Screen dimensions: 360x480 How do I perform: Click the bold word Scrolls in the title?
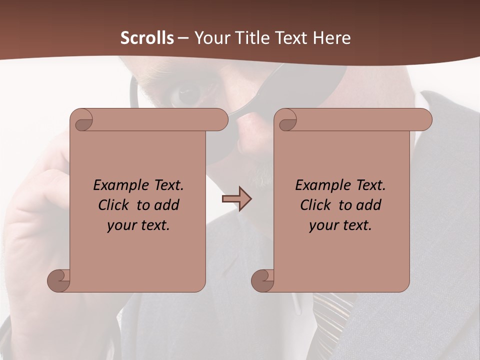pos(147,37)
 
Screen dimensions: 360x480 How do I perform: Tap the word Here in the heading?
pos(331,37)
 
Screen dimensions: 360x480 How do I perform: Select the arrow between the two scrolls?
pos(236,199)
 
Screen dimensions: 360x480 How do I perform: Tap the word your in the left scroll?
pos(121,225)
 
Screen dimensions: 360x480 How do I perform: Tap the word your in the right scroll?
pos(323,225)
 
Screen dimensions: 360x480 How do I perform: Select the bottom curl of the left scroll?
pos(58,280)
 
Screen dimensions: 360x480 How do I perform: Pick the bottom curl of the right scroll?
pos(262,280)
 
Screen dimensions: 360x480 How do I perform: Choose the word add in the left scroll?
pos(166,205)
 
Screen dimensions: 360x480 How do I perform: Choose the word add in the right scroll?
pos(368,205)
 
